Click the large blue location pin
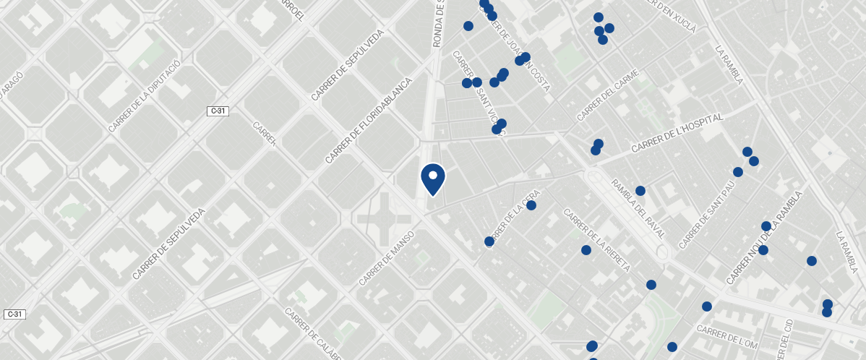[x=433, y=179]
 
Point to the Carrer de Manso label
[x=386, y=258]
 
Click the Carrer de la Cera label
[x=514, y=218]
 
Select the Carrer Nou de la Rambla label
[x=765, y=239]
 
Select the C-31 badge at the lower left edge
[x=14, y=314]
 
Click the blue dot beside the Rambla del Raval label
[x=640, y=191]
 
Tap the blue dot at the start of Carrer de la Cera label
[x=489, y=241]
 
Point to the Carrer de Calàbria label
[x=313, y=334]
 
